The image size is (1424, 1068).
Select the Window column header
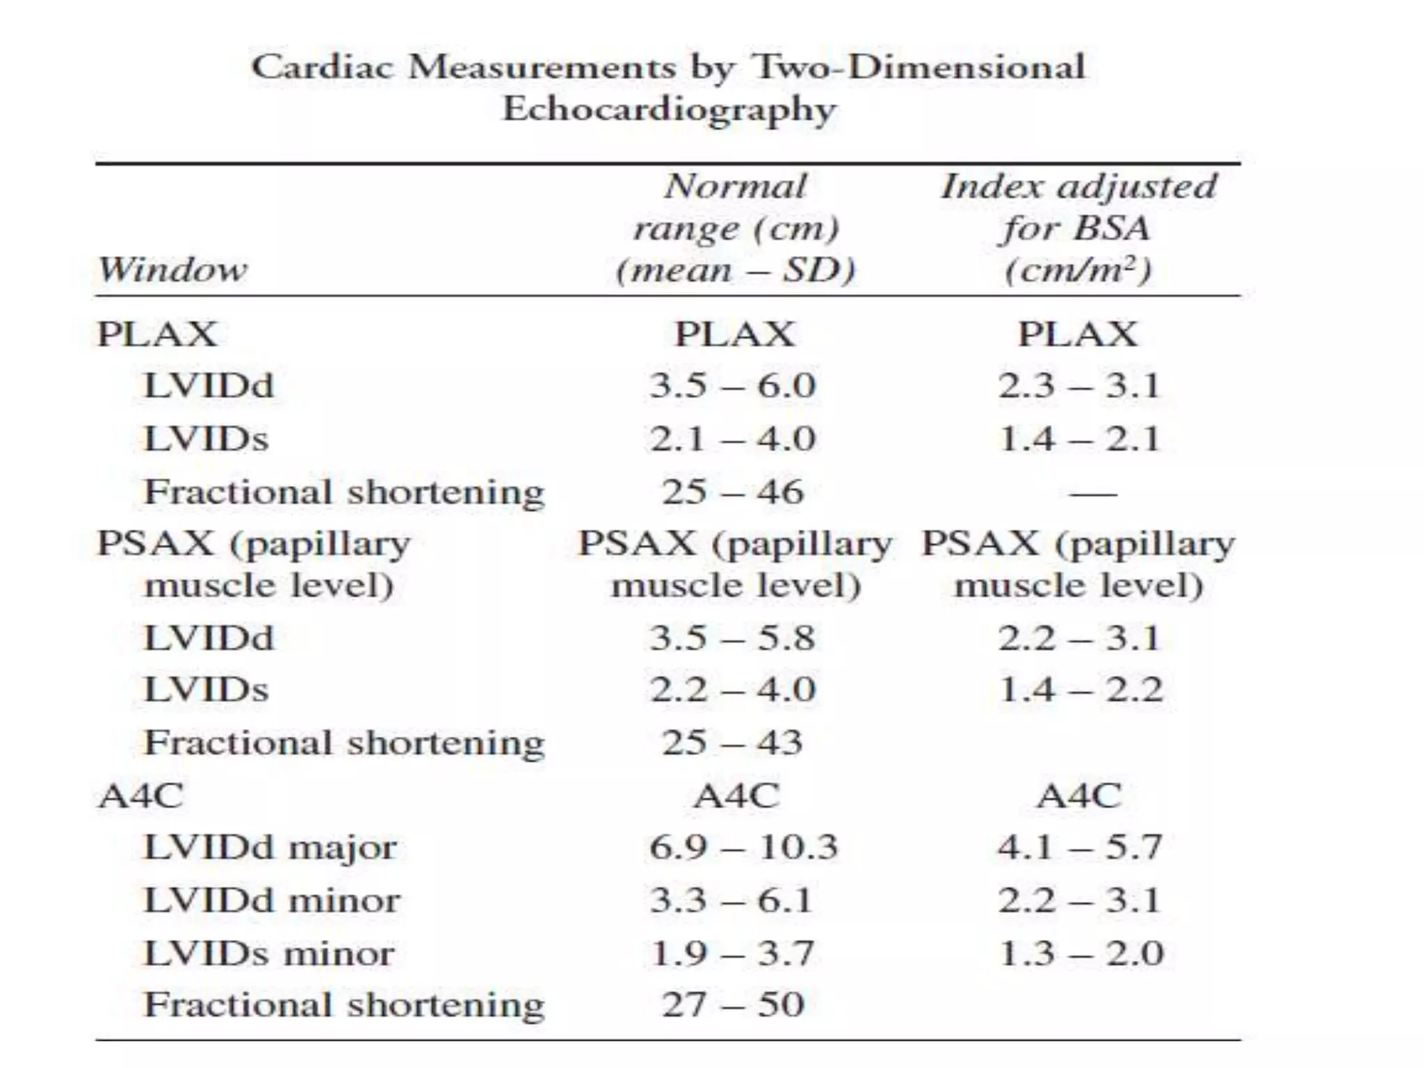172,270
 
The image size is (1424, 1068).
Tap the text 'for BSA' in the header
1076,228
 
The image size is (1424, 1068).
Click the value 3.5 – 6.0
732,386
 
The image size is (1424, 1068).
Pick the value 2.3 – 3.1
1079,386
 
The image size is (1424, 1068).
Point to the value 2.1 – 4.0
732,439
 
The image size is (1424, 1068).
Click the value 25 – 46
732,492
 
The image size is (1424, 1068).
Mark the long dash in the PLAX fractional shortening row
1092,494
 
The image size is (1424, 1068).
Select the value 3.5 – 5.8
732,638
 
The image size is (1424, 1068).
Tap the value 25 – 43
732,743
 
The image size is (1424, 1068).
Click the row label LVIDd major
270,848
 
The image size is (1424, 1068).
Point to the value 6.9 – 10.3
743,848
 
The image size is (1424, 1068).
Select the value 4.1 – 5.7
1080,848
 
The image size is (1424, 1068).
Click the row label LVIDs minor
268,953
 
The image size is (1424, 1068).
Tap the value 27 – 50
732,1005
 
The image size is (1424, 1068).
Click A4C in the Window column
141,796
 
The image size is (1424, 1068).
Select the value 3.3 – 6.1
731,900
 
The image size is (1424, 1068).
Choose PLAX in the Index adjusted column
1078,334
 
